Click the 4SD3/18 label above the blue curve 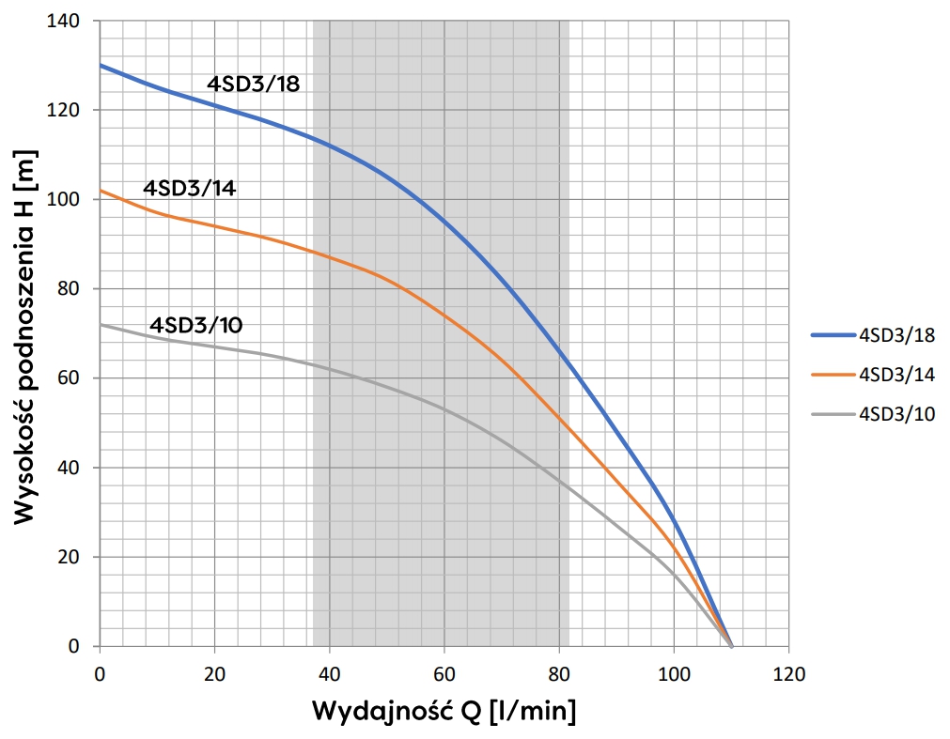coord(253,85)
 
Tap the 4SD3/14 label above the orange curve coord(189,188)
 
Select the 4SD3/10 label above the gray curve coord(196,326)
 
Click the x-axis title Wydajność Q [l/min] coord(444,710)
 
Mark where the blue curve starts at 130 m coord(101,66)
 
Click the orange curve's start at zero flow coord(101,191)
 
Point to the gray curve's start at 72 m coord(101,325)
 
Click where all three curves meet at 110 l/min coord(731,646)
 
